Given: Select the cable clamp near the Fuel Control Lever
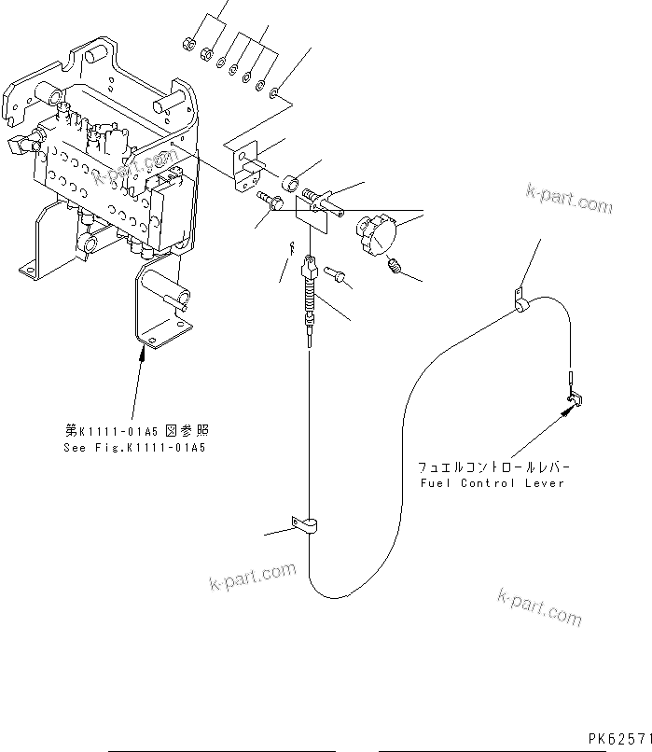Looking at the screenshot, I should coord(518,304).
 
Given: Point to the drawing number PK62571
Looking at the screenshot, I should coord(618,738).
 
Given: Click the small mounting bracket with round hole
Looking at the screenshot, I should coord(245,160).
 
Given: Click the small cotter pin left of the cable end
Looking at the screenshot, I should coord(292,246).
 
